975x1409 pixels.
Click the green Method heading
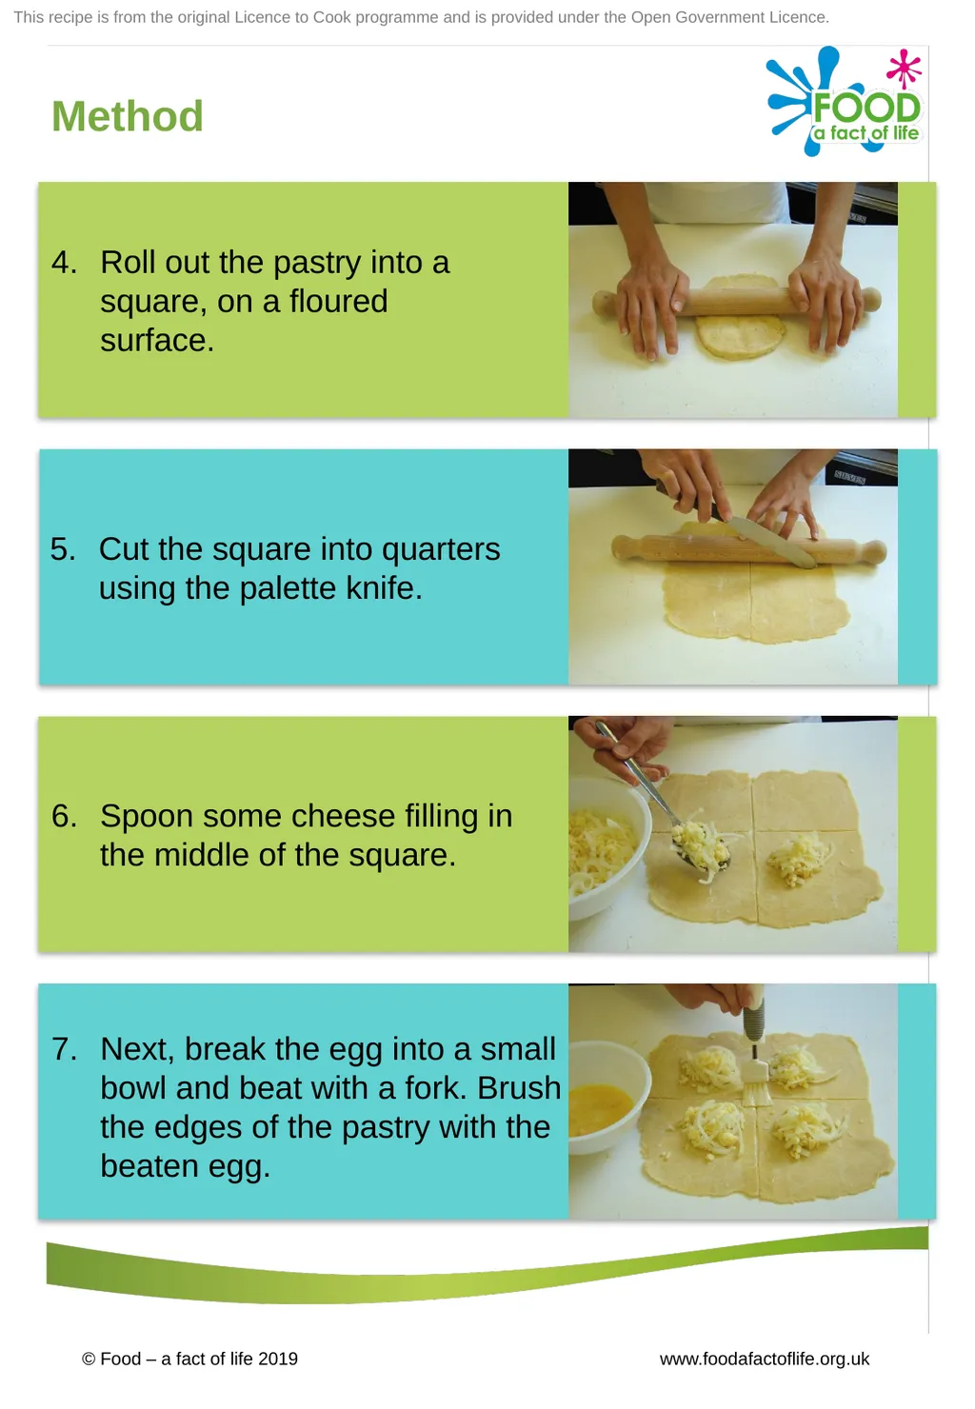click(x=127, y=116)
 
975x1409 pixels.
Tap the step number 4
click(x=64, y=263)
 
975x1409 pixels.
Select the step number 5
click(x=62, y=549)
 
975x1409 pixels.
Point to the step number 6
click(x=64, y=816)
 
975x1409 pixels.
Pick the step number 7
click(x=64, y=1049)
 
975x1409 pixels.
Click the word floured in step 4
click(x=338, y=301)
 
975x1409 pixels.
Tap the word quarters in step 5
click(x=441, y=550)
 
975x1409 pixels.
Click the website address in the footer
click(x=765, y=1359)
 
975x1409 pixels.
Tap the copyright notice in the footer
click(x=189, y=1359)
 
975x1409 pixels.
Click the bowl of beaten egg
click(x=607, y=1103)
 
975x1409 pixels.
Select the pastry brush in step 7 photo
click(x=755, y=1047)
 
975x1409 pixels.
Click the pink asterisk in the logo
click(x=905, y=68)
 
